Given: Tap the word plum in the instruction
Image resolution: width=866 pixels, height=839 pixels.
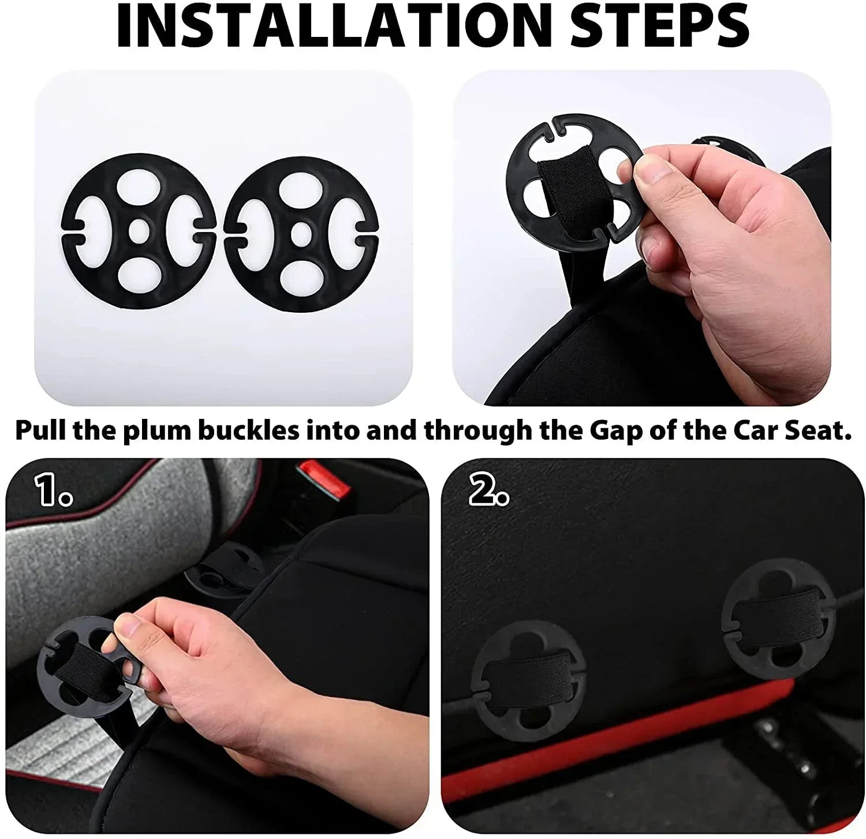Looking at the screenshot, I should coord(153,432).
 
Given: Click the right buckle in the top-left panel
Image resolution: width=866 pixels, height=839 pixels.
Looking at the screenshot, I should coord(300,234).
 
